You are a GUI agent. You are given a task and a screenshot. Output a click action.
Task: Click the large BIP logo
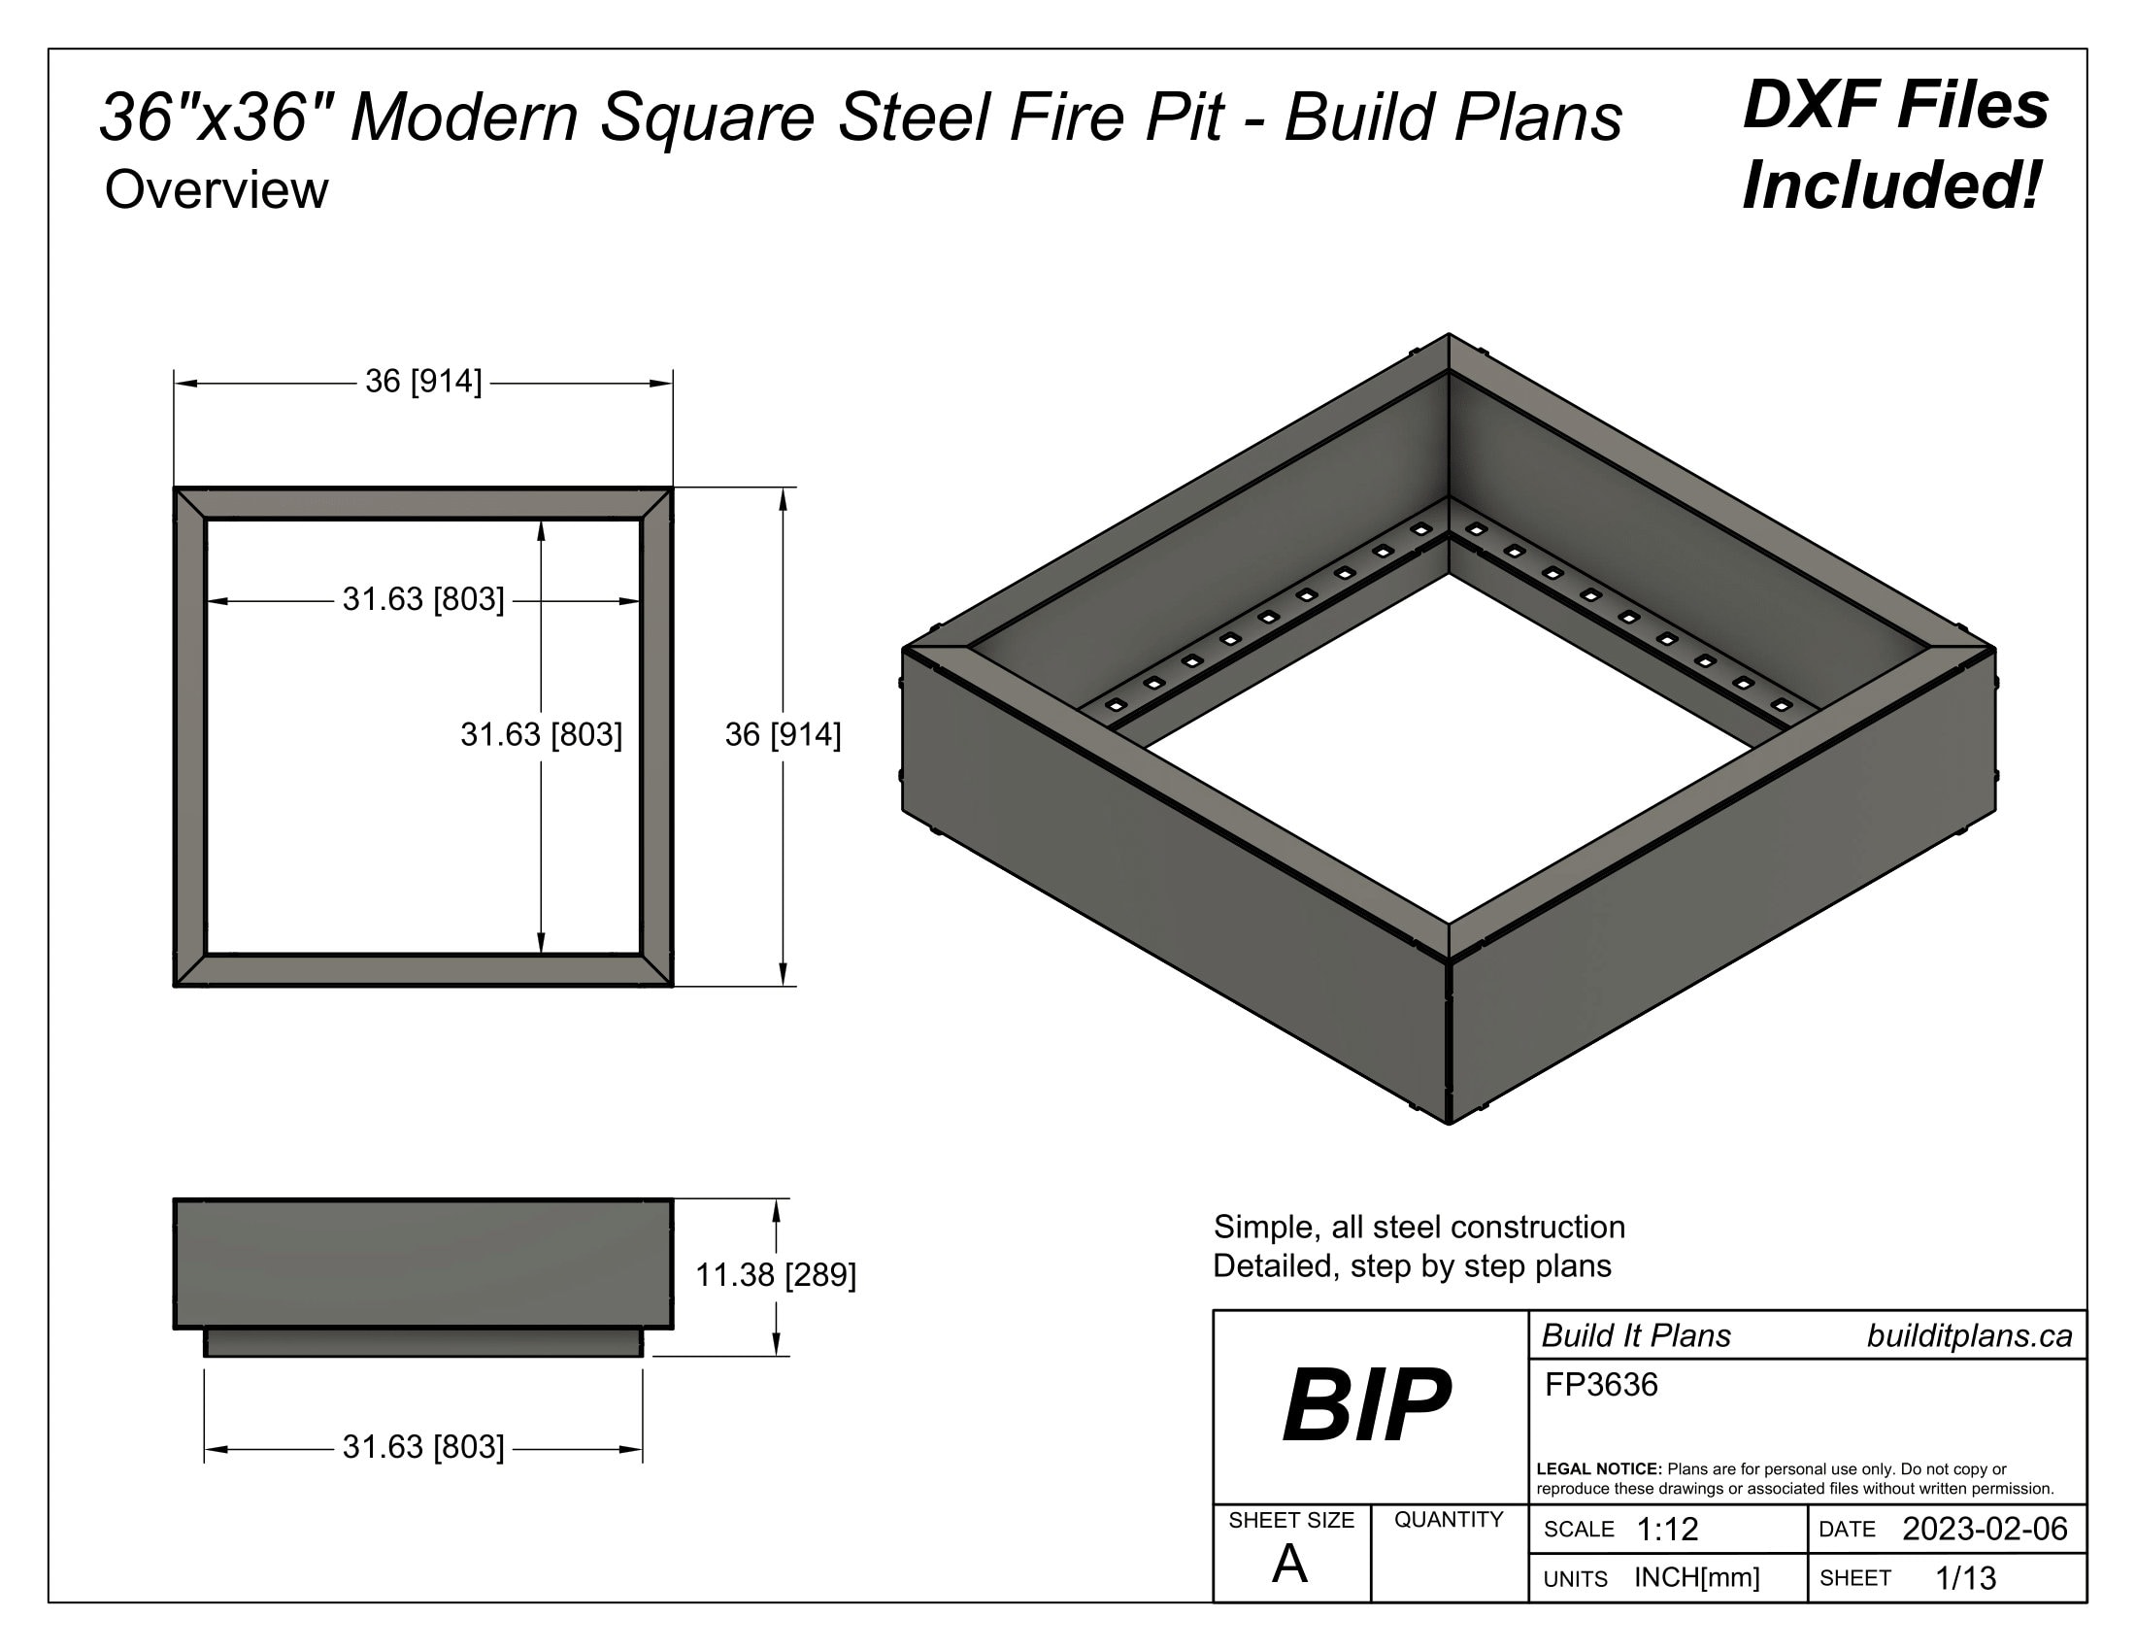pyautogui.click(x=1366, y=1406)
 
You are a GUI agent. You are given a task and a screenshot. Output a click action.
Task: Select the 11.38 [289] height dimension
pyautogui.click(x=775, y=1275)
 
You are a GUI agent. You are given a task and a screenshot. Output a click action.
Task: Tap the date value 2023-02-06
pyautogui.click(x=1985, y=1529)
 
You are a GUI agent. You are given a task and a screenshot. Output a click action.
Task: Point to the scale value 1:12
pyautogui.click(x=1666, y=1529)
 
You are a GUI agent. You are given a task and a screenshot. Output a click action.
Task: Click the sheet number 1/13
pyautogui.click(x=1966, y=1577)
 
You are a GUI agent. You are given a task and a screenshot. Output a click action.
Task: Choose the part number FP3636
pyautogui.click(x=1601, y=1385)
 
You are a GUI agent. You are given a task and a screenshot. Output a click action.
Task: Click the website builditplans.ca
pyautogui.click(x=1969, y=1336)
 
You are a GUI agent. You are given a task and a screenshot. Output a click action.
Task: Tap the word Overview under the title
pyautogui.click(x=217, y=189)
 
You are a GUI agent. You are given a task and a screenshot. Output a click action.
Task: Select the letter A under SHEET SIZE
pyautogui.click(x=1289, y=1565)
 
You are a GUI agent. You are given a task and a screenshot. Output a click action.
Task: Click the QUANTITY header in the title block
pyautogui.click(x=1449, y=1519)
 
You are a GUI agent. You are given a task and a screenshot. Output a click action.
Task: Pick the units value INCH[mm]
pyautogui.click(x=1697, y=1577)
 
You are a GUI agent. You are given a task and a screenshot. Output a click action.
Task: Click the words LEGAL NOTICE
pyautogui.click(x=1598, y=1469)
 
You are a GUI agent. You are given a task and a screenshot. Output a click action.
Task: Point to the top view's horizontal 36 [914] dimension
pyautogui.click(x=423, y=382)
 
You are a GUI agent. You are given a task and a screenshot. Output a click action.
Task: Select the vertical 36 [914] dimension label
pyautogui.click(x=783, y=734)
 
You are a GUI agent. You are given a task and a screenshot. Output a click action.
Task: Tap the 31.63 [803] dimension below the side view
pyautogui.click(x=423, y=1447)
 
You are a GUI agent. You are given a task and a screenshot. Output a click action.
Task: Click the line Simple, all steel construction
pyautogui.click(x=1418, y=1227)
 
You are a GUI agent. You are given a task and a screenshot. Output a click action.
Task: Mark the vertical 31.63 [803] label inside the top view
pyautogui.click(x=541, y=734)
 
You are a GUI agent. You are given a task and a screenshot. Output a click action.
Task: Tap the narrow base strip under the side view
pyautogui.click(x=423, y=1343)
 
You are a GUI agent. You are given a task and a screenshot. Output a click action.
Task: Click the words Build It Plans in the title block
pyautogui.click(x=1635, y=1336)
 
